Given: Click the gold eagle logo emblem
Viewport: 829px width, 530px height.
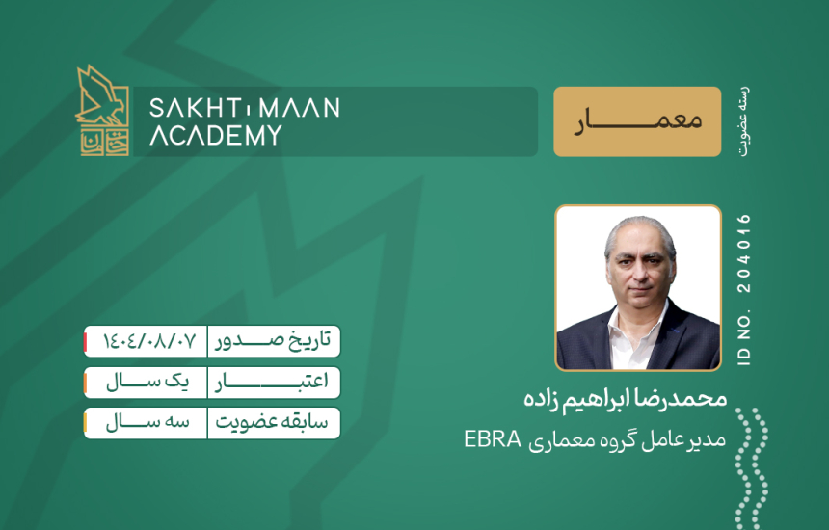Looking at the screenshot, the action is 102,110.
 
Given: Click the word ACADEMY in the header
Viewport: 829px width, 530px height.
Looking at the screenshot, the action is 216,135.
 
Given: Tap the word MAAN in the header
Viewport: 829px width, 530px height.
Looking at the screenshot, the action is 300,108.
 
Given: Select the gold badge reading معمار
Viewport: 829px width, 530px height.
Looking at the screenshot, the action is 637,121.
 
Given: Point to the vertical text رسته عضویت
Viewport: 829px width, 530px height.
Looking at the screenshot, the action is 744,121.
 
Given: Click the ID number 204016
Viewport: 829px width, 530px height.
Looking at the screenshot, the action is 744,253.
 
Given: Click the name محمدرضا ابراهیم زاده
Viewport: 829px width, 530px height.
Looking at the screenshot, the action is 625,399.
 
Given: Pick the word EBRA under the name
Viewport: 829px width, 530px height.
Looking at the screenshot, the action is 493,439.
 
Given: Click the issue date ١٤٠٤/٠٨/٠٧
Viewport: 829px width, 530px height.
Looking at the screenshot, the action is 149,341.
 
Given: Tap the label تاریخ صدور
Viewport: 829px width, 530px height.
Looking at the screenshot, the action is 273,341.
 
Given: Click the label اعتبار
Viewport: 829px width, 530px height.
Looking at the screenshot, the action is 271,382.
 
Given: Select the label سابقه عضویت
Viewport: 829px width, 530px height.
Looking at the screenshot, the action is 272,423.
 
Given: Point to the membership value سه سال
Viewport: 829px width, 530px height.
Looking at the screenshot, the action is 147,423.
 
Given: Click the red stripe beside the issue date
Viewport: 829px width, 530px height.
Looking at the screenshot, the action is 85,341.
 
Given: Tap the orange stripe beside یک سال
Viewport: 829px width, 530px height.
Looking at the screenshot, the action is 85,383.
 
